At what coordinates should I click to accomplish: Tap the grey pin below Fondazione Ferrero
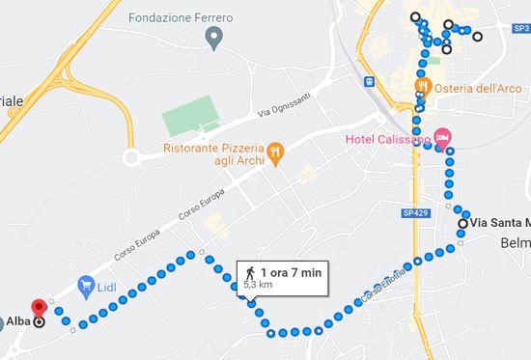pos(214,39)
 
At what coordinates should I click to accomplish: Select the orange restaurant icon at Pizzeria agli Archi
pos(274,152)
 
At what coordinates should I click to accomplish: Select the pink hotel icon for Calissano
pos(442,137)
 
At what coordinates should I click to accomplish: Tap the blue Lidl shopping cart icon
pos(86,286)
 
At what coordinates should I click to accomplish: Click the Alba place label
pos(17,322)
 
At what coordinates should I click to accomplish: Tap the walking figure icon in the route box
pos(250,273)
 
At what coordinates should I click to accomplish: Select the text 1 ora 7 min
pos(291,273)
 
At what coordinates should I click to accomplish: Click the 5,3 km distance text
pos(258,287)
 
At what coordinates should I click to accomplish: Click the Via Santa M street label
pos(499,223)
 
